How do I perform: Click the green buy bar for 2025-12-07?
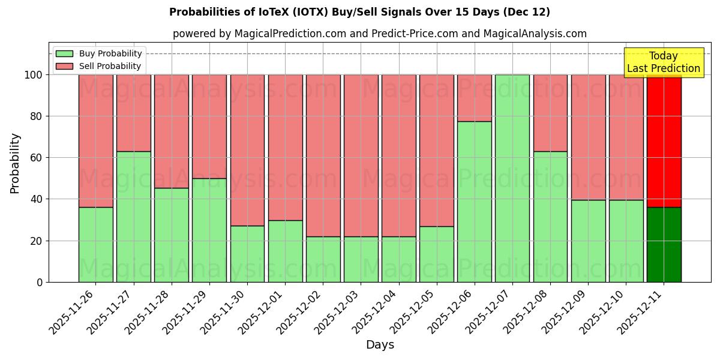512,178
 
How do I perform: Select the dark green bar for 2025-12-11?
664,245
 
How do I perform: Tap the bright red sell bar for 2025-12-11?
664,140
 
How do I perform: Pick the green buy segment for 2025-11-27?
133,217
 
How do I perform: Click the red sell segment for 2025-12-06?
475,98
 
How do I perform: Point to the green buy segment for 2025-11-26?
95,245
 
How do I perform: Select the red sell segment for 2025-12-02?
323,155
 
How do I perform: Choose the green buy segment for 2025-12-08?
550,217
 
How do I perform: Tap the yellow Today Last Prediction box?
664,62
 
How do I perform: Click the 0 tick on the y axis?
40,282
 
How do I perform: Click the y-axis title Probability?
15,163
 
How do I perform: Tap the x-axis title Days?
380,345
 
